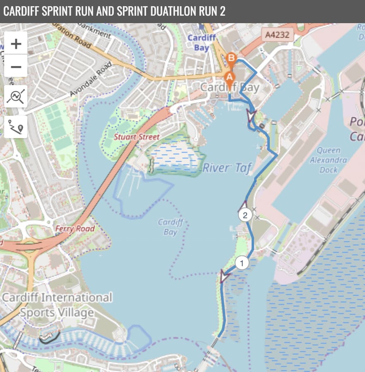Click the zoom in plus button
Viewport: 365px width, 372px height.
[16, 43]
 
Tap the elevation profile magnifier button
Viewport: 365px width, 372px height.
[16, 97]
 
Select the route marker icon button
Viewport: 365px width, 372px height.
[16, 126]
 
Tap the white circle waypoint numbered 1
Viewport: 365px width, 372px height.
[242, 262]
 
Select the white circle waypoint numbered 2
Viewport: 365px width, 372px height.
[245, 215]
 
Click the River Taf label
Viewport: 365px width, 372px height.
[227, 167]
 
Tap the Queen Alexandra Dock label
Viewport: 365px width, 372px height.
[329, 160]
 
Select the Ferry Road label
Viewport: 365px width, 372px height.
[75, 228]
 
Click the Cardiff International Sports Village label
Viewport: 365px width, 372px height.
[57, 305]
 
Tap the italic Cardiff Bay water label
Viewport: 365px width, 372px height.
[170, 227]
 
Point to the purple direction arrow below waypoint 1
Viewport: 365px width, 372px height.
[225, 276]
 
